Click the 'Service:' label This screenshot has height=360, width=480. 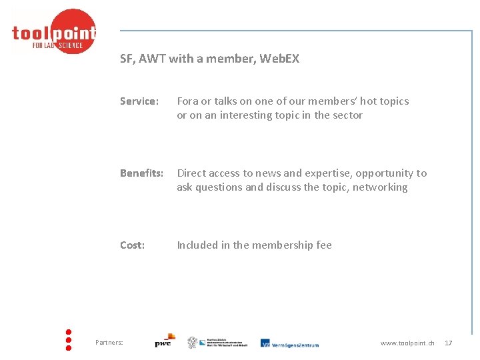(139, 101)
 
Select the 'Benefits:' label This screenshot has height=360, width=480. (141, 173)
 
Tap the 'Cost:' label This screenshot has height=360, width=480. (132, 245)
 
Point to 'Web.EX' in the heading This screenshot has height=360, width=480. (279, 59)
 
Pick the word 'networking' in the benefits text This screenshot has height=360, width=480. (380, 187)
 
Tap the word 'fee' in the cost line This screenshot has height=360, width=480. (323, 245)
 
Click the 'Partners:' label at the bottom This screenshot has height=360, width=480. (109, 343)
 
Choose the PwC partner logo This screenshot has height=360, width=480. (164, 341)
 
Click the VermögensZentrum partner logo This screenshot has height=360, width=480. (289, 343)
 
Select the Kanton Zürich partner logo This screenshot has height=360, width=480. (216, 343)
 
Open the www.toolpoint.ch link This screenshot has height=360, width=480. (407, 343)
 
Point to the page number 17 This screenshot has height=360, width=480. (448, 343)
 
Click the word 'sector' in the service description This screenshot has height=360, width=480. (347, 115)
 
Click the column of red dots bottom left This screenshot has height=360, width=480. (69, 339)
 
